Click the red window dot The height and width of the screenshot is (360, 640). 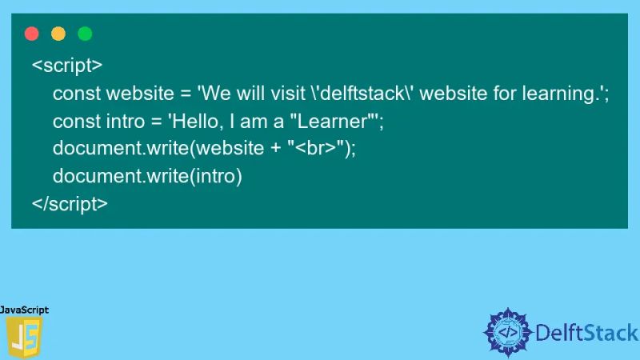(x=32, y=34)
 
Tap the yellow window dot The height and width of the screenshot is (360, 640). (x=58, y=34)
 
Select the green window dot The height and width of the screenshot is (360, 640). (x=85, y=34)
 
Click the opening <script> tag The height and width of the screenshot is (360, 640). (x=67, y=65)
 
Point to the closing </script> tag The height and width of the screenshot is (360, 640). (x=70, y=203)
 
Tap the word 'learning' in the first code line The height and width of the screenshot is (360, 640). (x=559, y=94)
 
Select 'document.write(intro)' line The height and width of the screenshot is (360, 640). (x=147, y=176)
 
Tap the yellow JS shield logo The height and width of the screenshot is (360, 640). (x=23, y=337)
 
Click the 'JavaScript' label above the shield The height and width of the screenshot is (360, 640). (x=25, y=310)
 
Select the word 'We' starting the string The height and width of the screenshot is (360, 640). (x=216, y=94)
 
